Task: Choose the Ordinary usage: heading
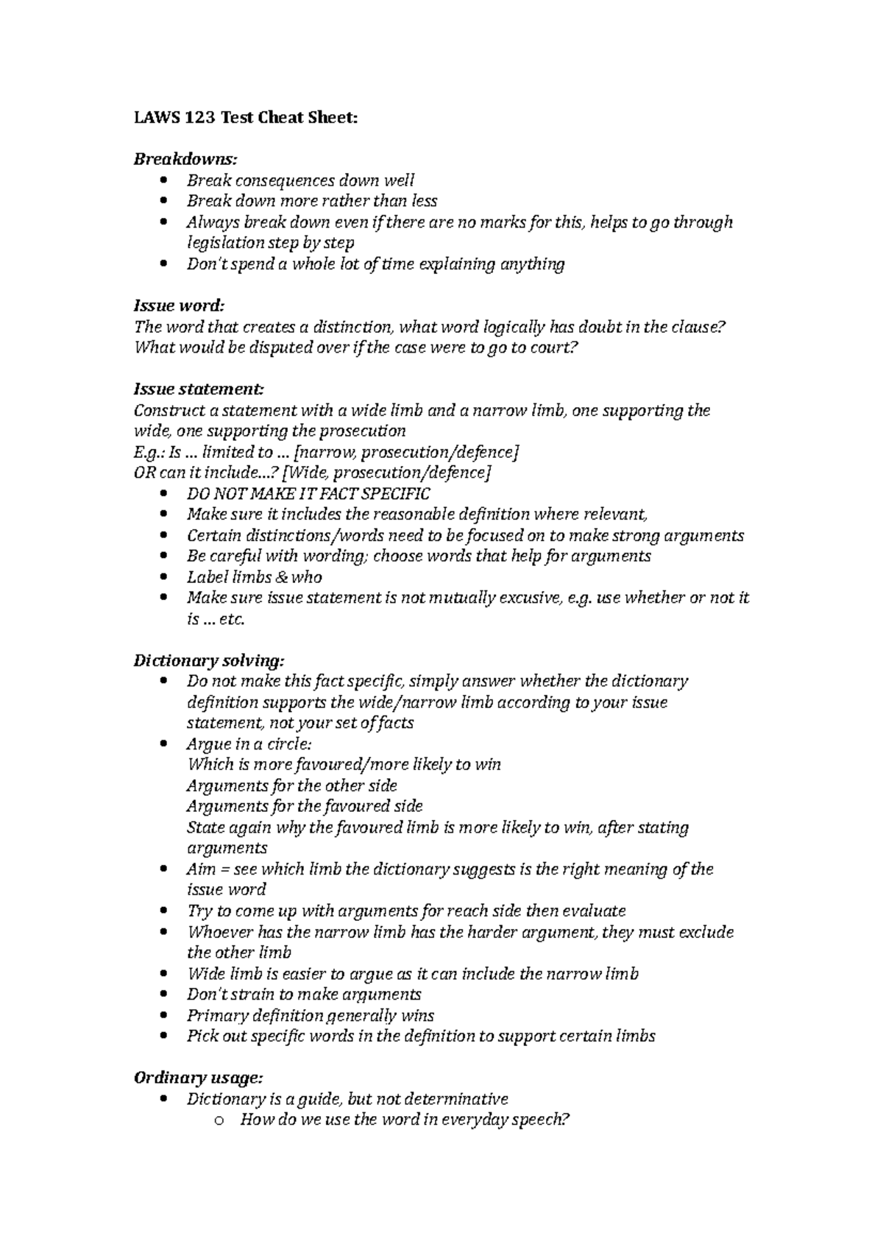tap(198, 1078)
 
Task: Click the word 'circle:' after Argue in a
tap(288, 744)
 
